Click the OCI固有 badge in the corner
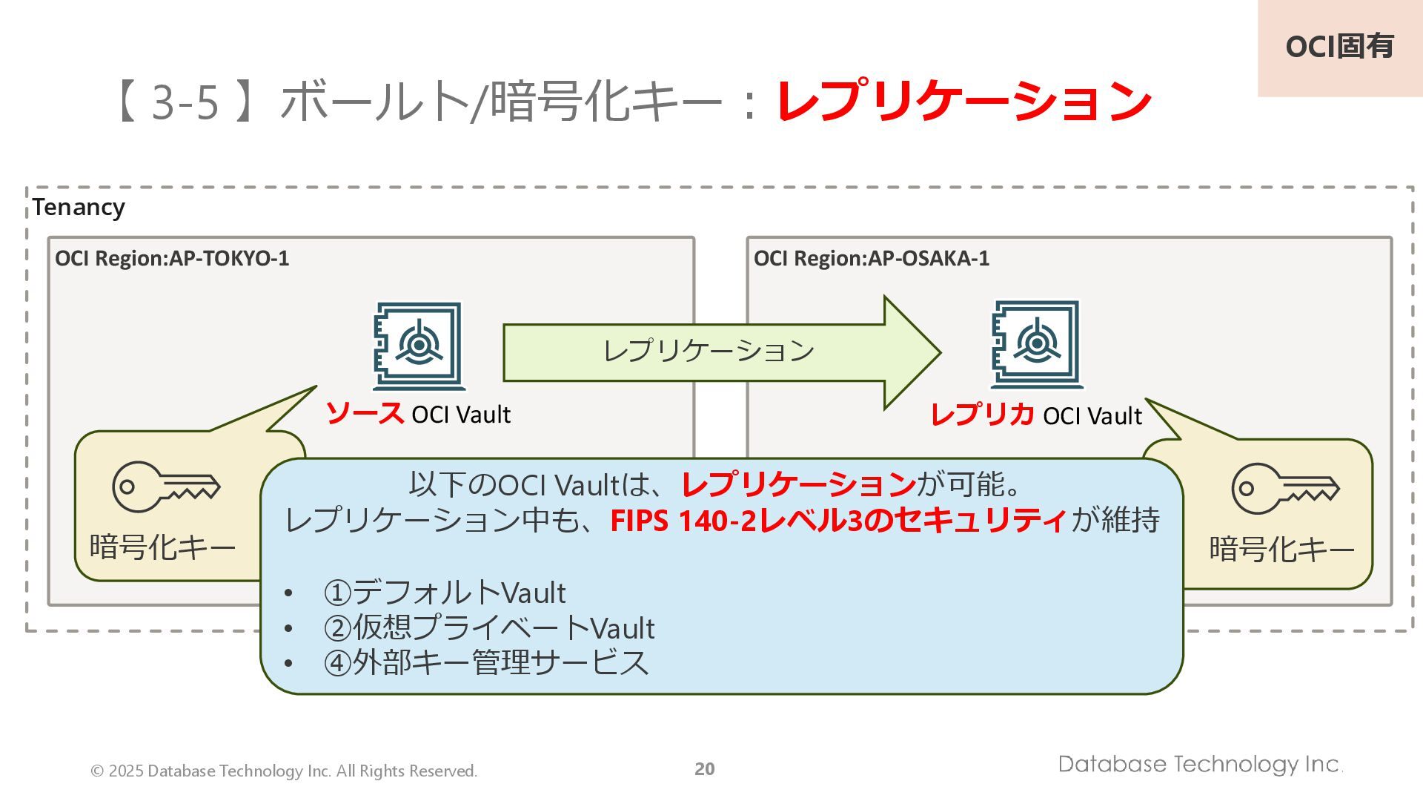1339,47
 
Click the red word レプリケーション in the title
963,102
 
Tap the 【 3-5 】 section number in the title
185,102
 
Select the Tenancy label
79,207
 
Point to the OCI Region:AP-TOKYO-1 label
172,258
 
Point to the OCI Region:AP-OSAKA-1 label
871,258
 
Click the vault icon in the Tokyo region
419,346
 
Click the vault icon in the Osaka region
1036,344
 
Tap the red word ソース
365,413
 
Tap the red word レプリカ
982,415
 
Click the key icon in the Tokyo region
166,487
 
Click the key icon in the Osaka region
1285,488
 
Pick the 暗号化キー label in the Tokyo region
162,547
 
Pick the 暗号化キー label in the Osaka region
1281,550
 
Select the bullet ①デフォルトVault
444,593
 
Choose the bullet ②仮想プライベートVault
488,627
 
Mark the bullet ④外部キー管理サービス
485,662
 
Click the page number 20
704,769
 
